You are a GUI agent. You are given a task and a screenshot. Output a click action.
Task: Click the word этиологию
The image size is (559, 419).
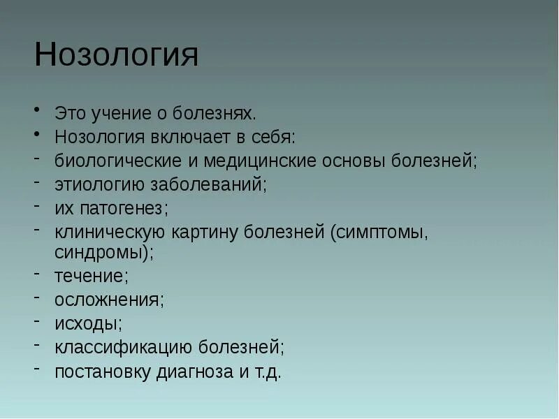99,184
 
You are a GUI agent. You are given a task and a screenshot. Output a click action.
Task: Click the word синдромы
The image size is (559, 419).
103,251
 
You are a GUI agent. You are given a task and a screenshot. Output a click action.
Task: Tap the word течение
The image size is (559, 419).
89,275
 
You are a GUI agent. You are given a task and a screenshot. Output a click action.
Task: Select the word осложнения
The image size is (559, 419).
109,300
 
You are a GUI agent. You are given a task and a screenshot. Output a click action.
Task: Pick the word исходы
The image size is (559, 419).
88,323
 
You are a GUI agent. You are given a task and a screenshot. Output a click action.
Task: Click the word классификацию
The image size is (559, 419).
124,347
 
